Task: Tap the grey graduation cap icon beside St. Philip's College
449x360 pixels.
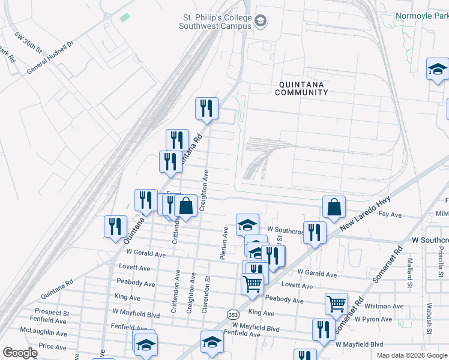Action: pos(261,22)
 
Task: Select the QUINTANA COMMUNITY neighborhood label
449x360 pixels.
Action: pos(301,88)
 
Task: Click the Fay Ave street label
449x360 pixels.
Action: pos(390,214)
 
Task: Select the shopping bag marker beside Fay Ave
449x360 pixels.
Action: pos(334,207)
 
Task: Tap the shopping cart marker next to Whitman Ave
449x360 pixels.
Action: pos(336,304)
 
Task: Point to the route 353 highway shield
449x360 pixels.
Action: pos(232,314)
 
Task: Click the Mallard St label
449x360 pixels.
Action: pos(410,272)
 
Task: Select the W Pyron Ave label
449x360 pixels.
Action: pos(373,319)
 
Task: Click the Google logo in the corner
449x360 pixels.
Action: pos(20,353)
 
